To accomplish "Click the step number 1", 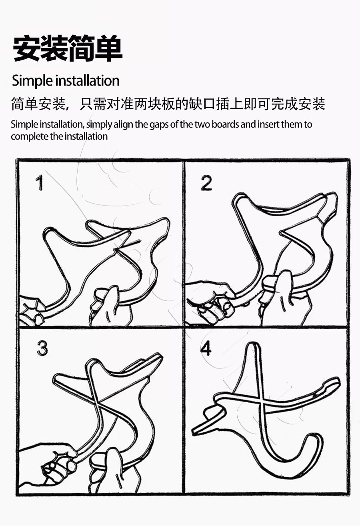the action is coord(40,183).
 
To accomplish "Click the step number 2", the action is coord(206,183).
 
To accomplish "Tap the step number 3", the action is coord(42,348).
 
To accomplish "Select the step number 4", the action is coord(206,348).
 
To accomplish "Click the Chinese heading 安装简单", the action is coord(68,48).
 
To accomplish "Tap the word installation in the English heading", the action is coord(87,80).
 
